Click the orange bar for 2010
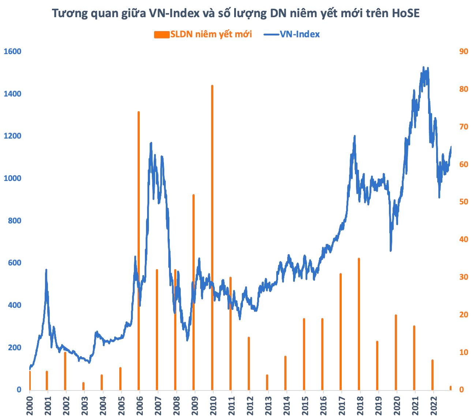coord(212,238)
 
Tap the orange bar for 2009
coord(194,292)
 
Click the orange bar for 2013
coord(267,382)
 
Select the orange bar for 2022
coord(432,375)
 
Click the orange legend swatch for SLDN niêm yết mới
coord(161,34)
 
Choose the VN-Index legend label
coord(300,34)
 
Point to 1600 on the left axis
coord(13,52)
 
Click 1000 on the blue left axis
coord(13,178)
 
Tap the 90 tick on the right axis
coord(464,52)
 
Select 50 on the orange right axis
coord(464,202)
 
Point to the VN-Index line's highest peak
coord(424,67)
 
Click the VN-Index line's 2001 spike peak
coord(46,270)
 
